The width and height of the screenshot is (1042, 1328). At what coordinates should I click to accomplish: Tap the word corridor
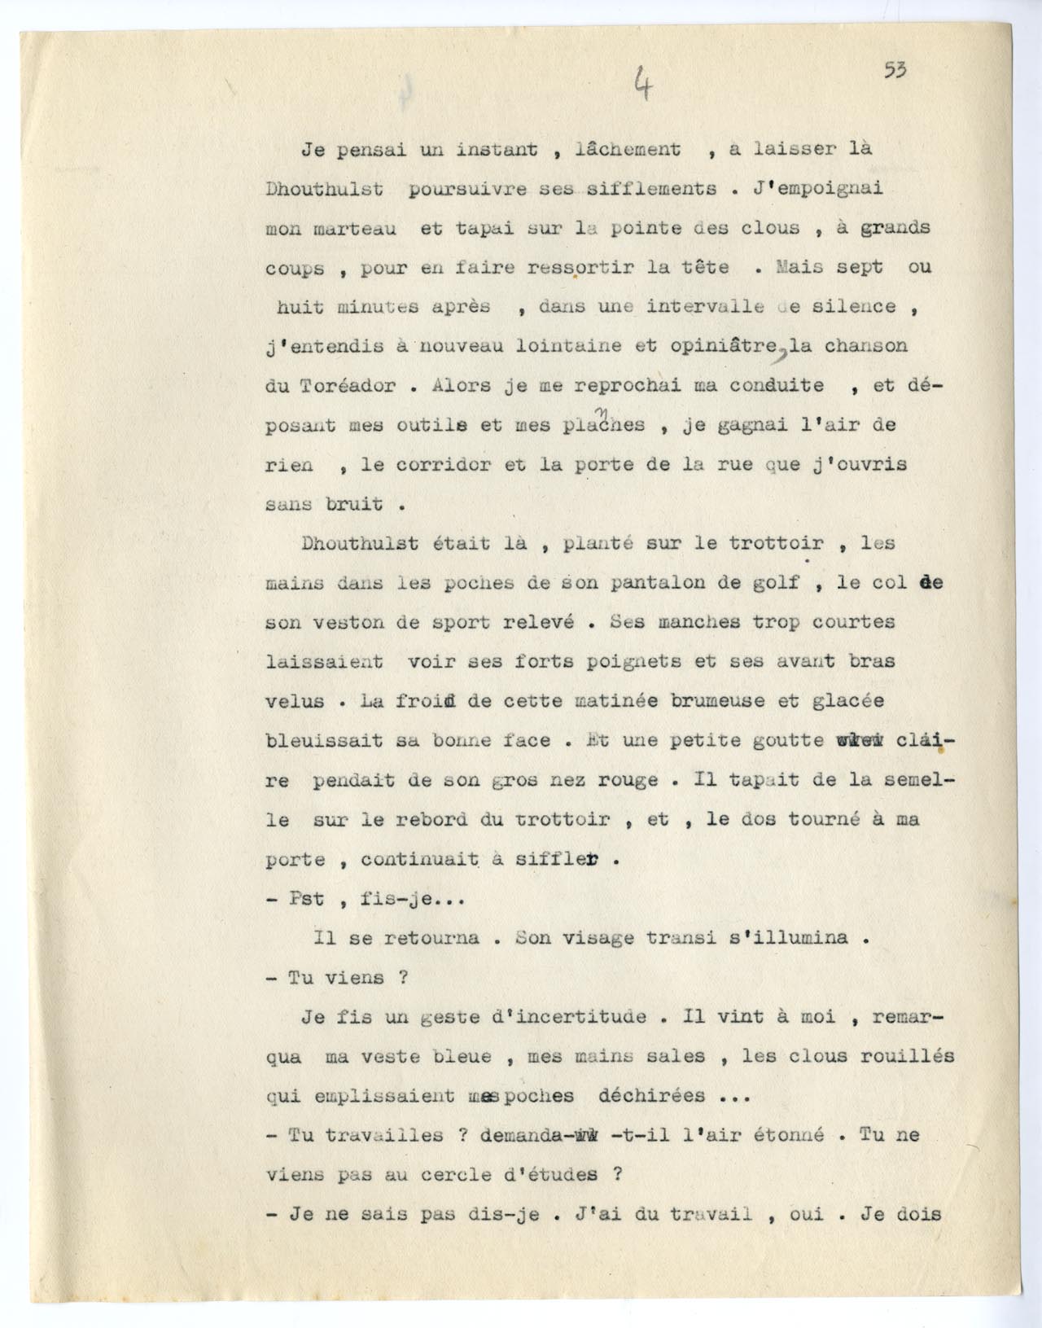tap(439, 465)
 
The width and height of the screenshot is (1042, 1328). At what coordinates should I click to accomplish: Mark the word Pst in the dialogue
tap(307, 899)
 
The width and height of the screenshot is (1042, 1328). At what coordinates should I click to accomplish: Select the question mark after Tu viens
tap(402, 978)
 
